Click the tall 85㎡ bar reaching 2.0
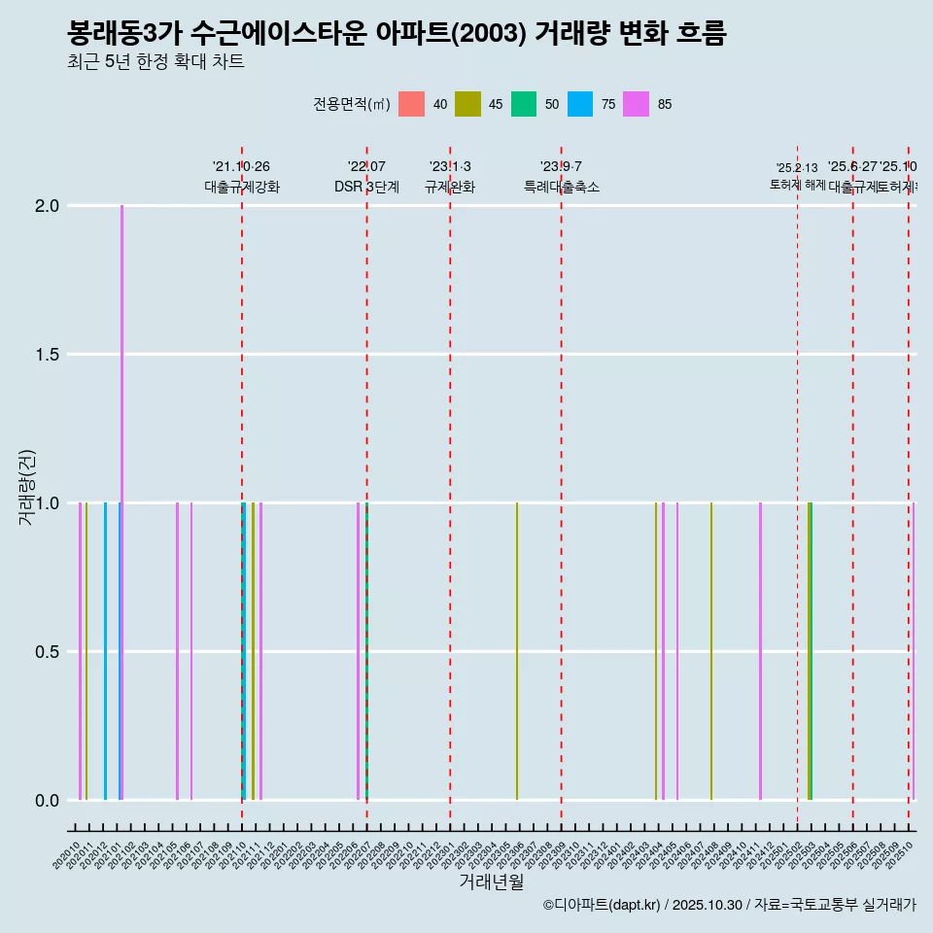[121, 389]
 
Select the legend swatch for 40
[411, 104]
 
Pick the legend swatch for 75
[580, 104]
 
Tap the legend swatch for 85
[637, 104]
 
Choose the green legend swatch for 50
[524, 104]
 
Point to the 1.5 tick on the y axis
[46, 355]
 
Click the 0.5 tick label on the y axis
[46, 652]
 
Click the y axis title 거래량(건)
[27, 488]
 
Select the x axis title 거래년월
[491, 881]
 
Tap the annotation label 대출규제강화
[242, 187]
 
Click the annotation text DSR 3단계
[366, 187]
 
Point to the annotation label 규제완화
[450, 187]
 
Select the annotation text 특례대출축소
[562, 187]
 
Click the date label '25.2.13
[797, 168]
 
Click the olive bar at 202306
[517, 651]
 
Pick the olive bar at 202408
[711, 651]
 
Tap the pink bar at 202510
[914, 651]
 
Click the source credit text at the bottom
[729, 905]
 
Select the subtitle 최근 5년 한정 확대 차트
[155, 62]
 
